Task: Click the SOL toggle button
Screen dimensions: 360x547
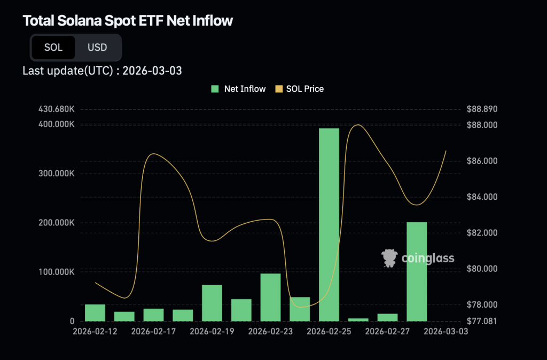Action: [53, 48]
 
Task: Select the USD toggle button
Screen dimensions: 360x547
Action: [97, 48]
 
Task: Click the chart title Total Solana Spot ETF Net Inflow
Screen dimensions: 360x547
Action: [128, 21]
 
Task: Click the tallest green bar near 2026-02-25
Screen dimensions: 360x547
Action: [329, 224]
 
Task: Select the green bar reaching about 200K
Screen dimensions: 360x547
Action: [417, 271]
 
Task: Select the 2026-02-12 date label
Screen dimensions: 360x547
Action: [95, 332]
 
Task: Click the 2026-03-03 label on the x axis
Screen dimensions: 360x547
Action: [446, 332]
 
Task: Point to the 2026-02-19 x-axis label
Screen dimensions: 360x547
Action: [212, 332]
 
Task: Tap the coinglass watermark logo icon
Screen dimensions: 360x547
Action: [389, 258]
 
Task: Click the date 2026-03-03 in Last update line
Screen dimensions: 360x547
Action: [152, 71]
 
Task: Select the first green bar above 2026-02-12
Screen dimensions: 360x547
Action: [95, 312]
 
